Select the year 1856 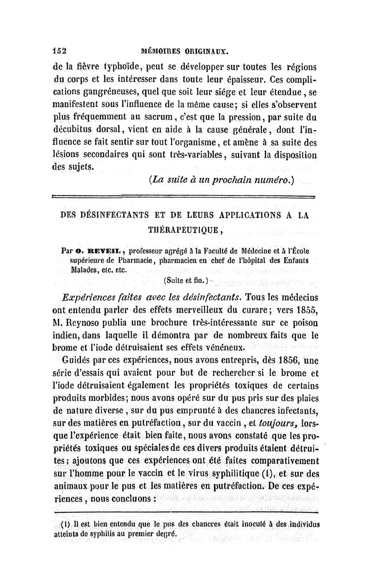pos(282,359)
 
